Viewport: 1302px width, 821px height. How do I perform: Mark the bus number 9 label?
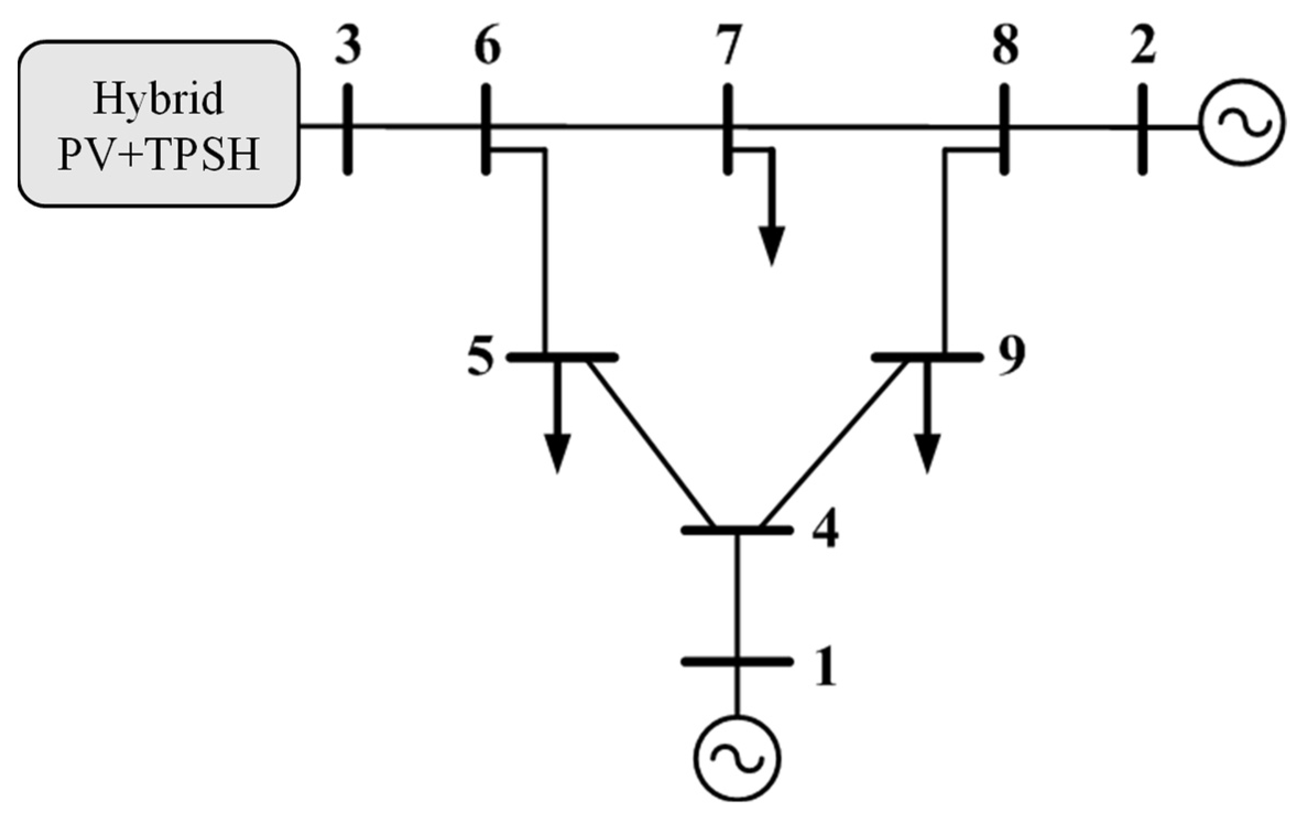pyautogui.click(x=1011, y=357)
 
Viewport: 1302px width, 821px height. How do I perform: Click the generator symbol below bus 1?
pyautogui.click(x=737, y=758)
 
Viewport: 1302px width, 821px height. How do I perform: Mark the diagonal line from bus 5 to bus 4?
pyautogui.click(x=652, y=444)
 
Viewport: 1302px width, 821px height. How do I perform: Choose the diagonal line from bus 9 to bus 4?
pyautogui.click(x=832, y=444)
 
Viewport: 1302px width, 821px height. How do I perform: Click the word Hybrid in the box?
pyautogui.click(x=159, y=100)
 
